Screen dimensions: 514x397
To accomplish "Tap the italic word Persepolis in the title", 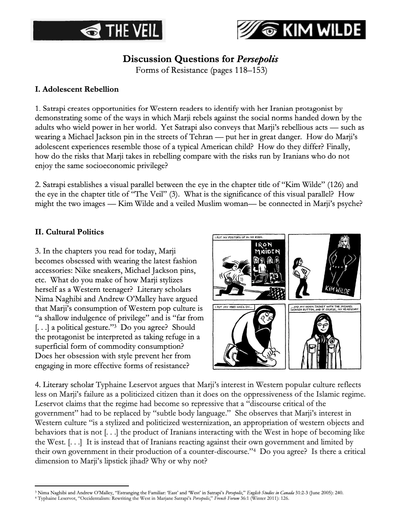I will click(x=257, y=59).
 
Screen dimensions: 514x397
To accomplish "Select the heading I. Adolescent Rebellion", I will click(x=77, y=89).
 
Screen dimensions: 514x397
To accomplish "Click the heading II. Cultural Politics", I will click(x=69, y=232).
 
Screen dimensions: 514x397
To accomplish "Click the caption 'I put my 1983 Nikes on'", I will click(x=233, y=307).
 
